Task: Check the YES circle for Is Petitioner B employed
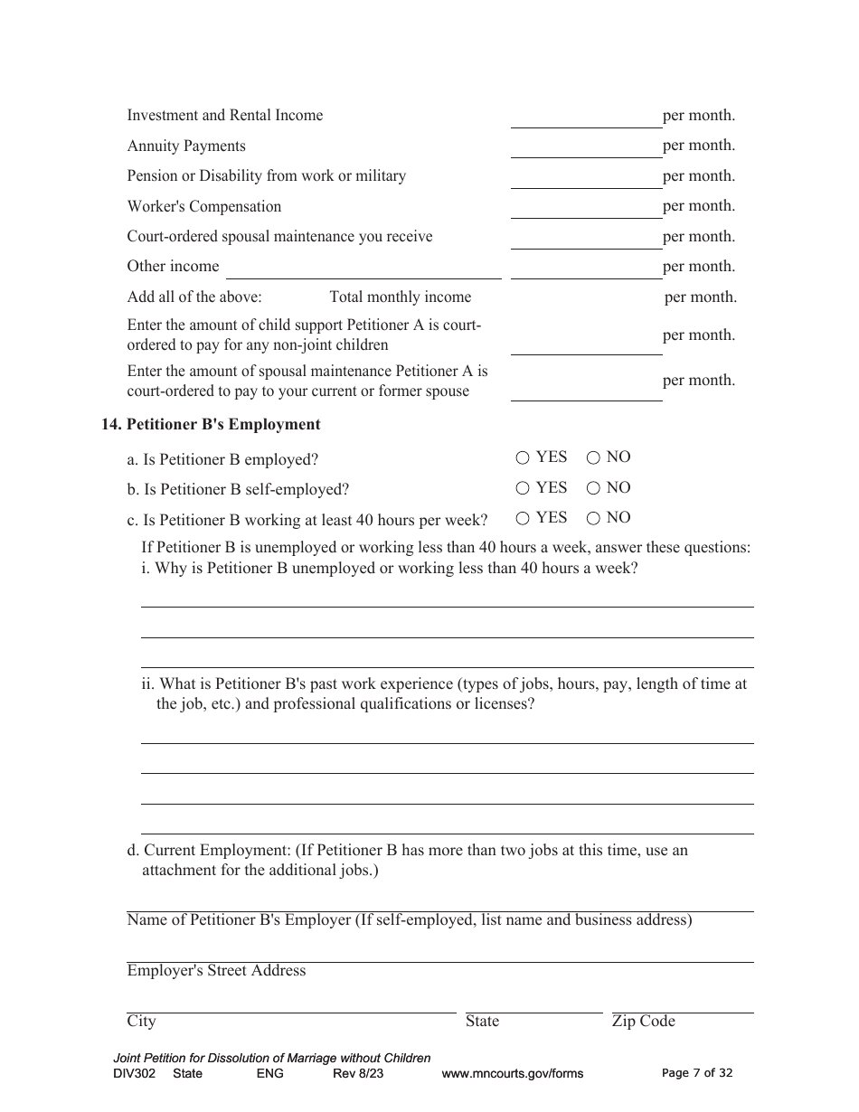point(523,458)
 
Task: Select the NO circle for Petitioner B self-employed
point(593,489)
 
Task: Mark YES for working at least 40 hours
point(523,519)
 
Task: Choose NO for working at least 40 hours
point(593,519)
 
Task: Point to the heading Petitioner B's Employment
point(223,424)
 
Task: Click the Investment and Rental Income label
point(224,116)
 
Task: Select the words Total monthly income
point(400,297)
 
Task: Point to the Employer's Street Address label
point(216,971)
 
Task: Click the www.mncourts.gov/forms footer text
point(512,1074)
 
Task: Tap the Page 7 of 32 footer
point(697,1073)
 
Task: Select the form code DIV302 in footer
point(134,1074)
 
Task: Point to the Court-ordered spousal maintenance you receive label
point(279,237)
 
